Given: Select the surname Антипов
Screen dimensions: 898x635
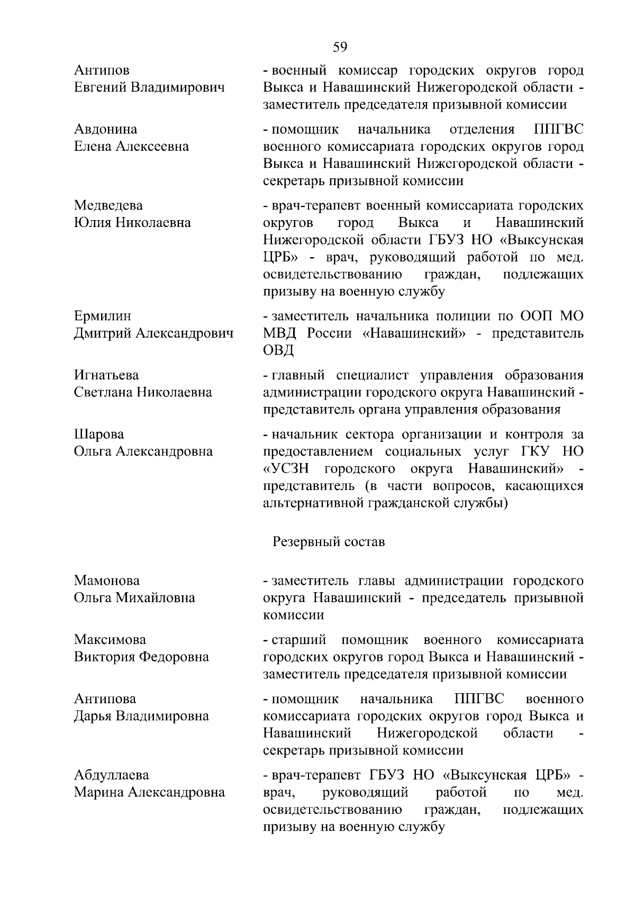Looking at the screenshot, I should [102, 70].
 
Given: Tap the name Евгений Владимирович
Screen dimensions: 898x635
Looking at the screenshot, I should [149, 87].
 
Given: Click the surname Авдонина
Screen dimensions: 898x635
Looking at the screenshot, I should [105, 129].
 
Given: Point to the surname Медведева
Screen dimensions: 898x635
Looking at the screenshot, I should [108, 205].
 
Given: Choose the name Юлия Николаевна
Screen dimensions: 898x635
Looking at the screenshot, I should [132, 222].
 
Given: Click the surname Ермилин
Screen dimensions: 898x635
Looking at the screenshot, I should [103, 316].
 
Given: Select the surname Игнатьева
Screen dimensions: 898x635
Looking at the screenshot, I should [106, 375].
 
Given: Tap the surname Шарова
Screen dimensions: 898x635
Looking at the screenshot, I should [99, 434].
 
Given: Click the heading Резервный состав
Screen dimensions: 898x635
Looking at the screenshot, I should [329, 542].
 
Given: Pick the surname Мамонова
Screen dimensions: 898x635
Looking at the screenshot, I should [107, 580].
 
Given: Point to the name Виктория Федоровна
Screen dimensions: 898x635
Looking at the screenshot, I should [141, 657].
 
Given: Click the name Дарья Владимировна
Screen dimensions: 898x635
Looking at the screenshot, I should [141, 716].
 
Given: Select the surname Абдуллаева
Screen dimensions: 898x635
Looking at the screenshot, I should [111, 775].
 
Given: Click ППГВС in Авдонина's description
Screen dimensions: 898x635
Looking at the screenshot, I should [556, 129].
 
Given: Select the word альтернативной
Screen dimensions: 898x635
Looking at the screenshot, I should [313, 503].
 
